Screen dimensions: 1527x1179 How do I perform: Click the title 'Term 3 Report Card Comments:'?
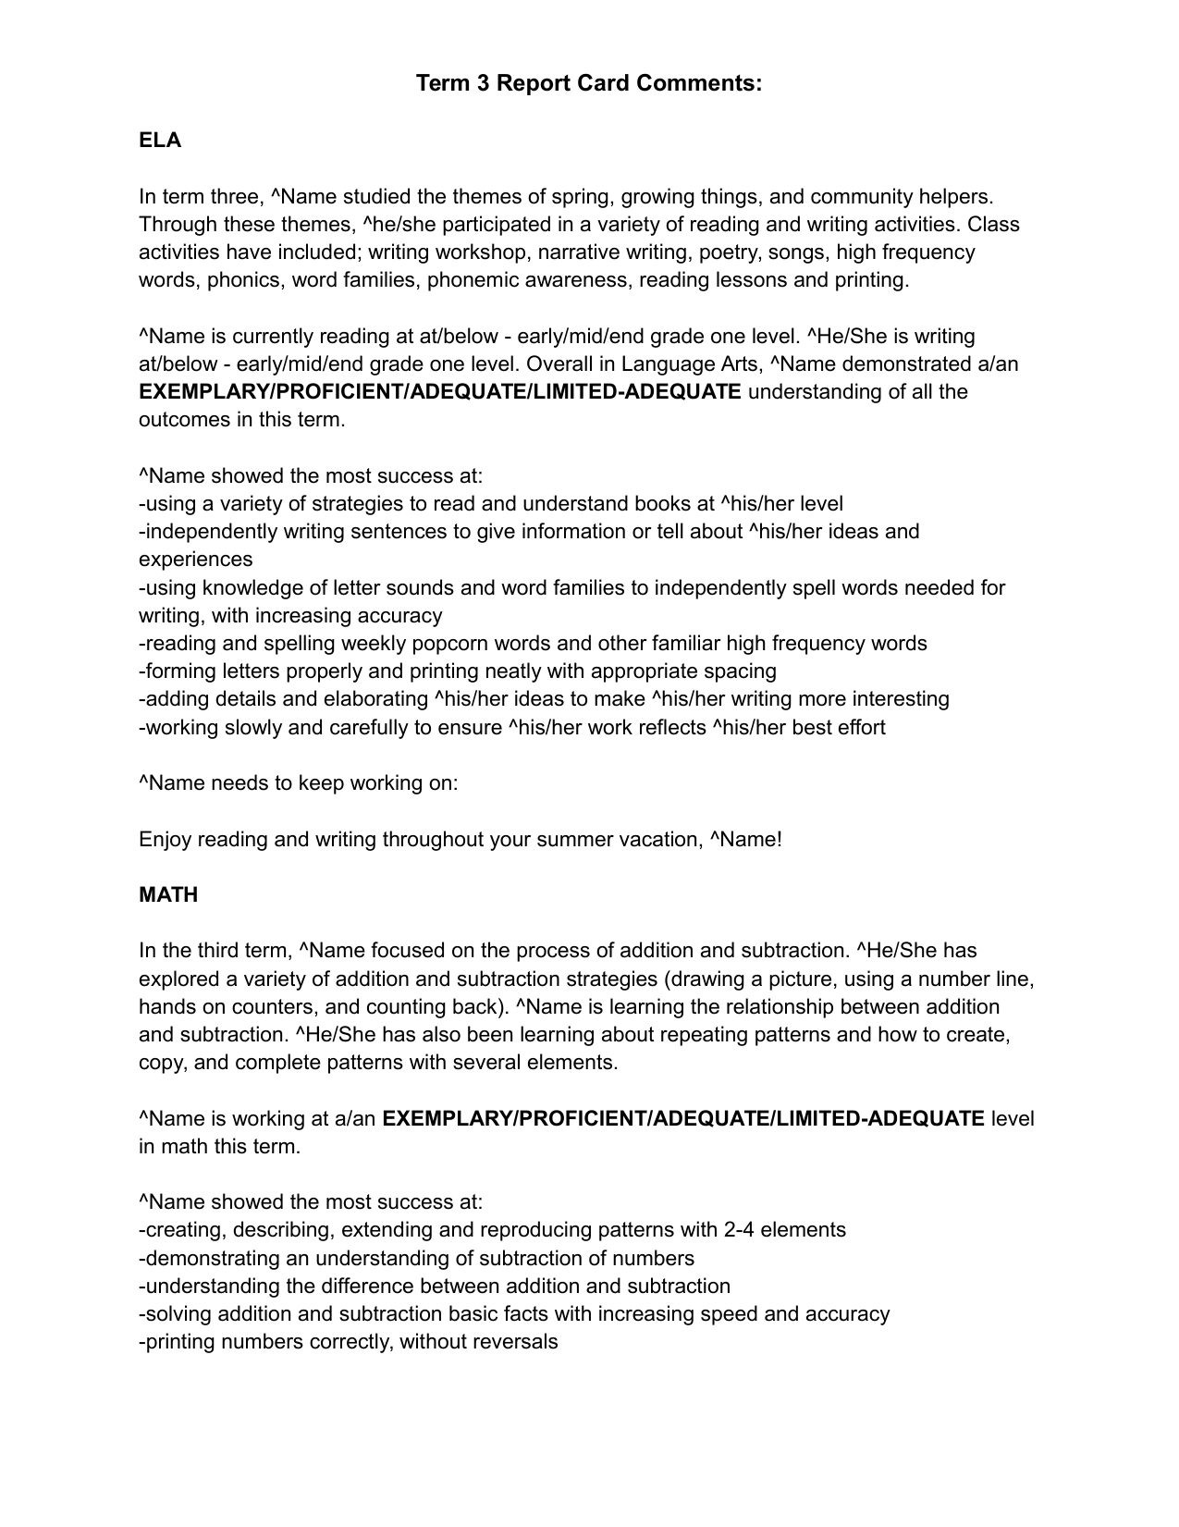coord(589,83)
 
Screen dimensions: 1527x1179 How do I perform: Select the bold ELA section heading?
coord(160,141)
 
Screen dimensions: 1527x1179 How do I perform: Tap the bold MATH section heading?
coord(168,895)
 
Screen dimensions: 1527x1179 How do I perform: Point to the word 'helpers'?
coord(955,197)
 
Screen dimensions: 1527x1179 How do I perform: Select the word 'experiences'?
coord(195,560)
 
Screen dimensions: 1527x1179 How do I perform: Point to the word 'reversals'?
coord(514,1342)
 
